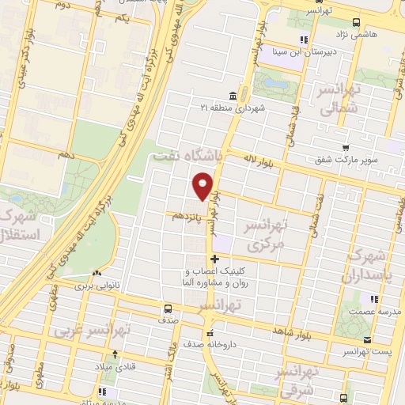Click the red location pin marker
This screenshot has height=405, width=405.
tap(203, 185)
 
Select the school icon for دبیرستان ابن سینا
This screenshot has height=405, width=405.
tap(303, 40)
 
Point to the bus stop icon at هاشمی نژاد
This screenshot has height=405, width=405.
tap(356, 23)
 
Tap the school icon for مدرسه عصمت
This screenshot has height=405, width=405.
tap(373, 298)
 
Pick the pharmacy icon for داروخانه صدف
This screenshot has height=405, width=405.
tap(209, 333)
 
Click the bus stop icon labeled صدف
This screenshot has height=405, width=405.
tap(167, 308)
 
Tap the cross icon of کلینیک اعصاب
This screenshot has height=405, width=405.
tap(214, 259)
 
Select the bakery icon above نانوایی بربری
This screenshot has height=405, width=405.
tap(96, 273)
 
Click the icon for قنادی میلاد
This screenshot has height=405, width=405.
tap(115, 354)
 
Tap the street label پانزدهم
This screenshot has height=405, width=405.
tap(184, 214)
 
